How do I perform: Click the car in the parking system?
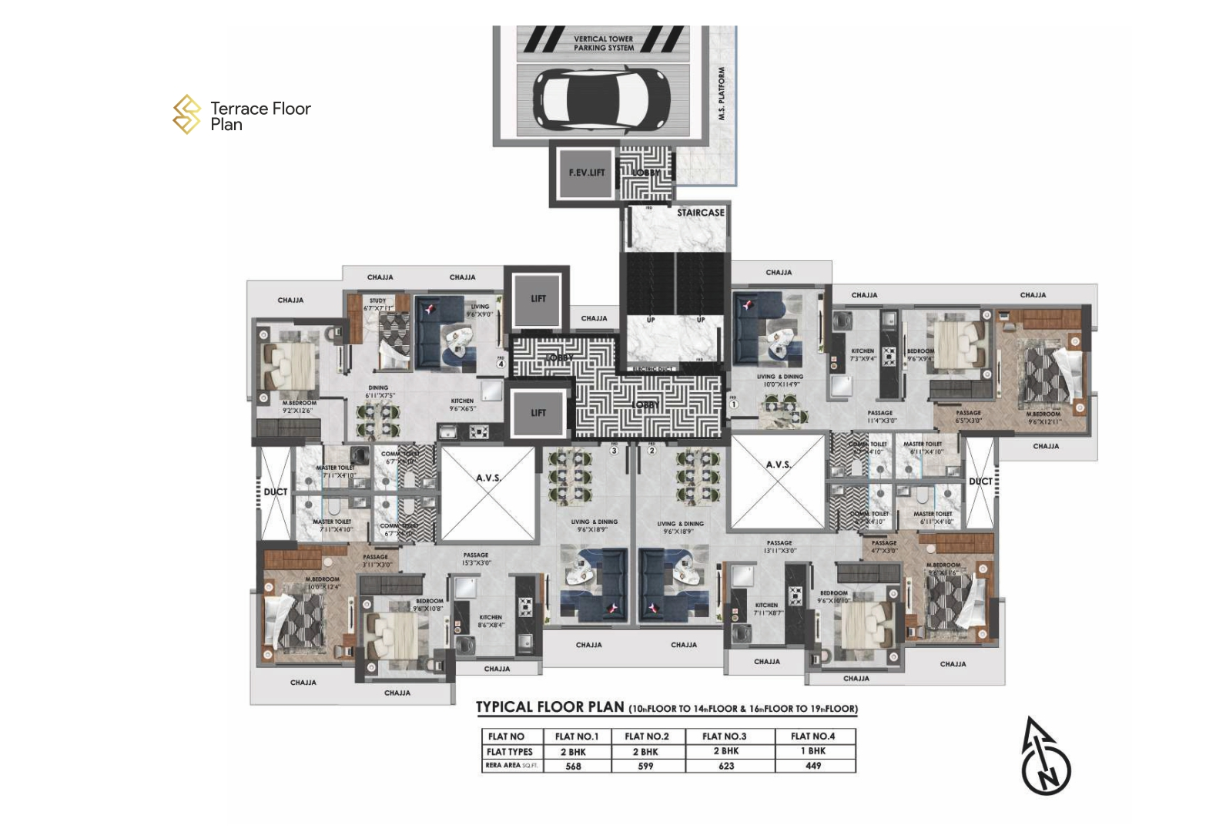click(602, 100)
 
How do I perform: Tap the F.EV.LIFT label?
click(587, 173)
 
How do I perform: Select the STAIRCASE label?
click(700, 213)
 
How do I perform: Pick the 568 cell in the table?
click(573, 767)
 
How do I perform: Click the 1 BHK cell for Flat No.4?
click(812, 751)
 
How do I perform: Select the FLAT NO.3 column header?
click(724, 736)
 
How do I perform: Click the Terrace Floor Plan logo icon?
click(186, 115)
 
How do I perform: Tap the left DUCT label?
click(275, 491)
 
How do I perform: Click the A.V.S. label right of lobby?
click(778, 465)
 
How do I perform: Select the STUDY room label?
click(377, 301)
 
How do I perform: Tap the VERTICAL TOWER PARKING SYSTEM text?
click(604, 43)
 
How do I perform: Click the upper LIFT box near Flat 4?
click(538, 299)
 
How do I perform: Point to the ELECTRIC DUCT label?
click(653, 370)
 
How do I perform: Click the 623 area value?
click(725, 767)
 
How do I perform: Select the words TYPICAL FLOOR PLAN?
click(550, 707)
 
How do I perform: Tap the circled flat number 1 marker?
click(733, 404)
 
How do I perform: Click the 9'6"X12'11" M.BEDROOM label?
click(1043, 418)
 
